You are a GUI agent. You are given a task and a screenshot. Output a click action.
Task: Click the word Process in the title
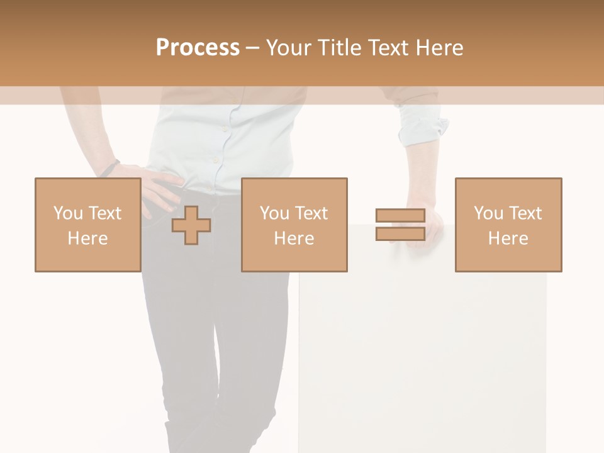tap(198, 48)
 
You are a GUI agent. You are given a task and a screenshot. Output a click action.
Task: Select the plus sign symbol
tap(191, 225)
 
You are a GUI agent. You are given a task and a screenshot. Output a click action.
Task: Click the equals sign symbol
tap(400, 225)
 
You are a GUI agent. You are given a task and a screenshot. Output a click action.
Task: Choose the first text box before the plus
tap(87, 225)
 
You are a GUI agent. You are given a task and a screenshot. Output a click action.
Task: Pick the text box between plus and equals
tap(294, 225)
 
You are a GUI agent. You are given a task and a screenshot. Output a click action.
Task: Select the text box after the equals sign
tap(508, 225)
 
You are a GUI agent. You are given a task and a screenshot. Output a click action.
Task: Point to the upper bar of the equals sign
tap(400, 216)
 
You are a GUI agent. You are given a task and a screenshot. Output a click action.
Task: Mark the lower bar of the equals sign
tap(400, 233)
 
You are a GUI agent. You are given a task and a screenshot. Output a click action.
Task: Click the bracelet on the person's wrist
tap(110, 168)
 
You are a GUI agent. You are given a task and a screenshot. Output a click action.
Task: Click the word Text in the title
tap(388, 48)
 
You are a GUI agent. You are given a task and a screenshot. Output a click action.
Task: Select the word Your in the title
tap(288, 48)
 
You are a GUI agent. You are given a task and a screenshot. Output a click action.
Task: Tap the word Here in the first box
tap(87, 238)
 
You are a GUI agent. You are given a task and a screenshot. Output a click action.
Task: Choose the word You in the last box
tap(488, 213)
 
